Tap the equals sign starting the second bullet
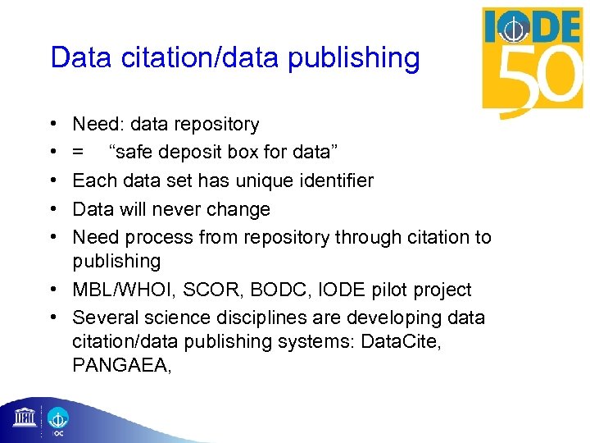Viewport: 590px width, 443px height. pos(77,153)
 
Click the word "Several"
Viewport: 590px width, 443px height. pos(103,317)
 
